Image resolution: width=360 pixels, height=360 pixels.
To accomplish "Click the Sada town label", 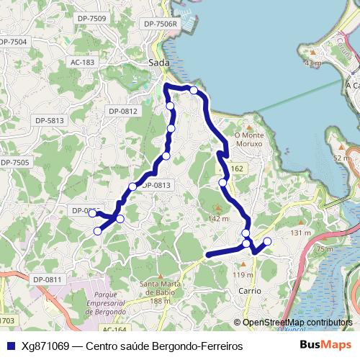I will point(158,63).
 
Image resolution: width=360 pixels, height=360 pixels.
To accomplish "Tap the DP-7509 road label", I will point(91,19).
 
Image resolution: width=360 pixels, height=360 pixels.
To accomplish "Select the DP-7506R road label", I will point(161,24).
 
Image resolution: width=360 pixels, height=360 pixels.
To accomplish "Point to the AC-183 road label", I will point(83,63).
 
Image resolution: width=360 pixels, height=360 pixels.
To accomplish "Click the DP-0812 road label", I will point(122,111).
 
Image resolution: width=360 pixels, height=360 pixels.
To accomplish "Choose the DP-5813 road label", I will point(50,120).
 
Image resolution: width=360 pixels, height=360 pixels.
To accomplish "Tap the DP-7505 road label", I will point(14,163).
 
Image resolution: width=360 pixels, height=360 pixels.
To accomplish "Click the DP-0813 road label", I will point(156,185).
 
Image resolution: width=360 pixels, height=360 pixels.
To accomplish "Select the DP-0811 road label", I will point(48,279).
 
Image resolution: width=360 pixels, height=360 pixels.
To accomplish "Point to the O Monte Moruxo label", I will point(249,139).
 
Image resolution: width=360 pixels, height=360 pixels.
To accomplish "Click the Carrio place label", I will point(249,291).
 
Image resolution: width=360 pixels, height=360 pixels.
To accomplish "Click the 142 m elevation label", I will point(218,218).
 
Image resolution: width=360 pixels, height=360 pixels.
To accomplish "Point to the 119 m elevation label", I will point(243,275).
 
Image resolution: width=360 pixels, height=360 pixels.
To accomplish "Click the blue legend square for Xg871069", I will point(10,346).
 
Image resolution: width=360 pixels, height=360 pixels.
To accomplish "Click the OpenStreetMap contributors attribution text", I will point(297,323).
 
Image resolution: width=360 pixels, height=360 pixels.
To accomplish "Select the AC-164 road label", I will point(113,329).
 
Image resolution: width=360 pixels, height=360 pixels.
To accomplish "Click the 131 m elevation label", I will point(300,233).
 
